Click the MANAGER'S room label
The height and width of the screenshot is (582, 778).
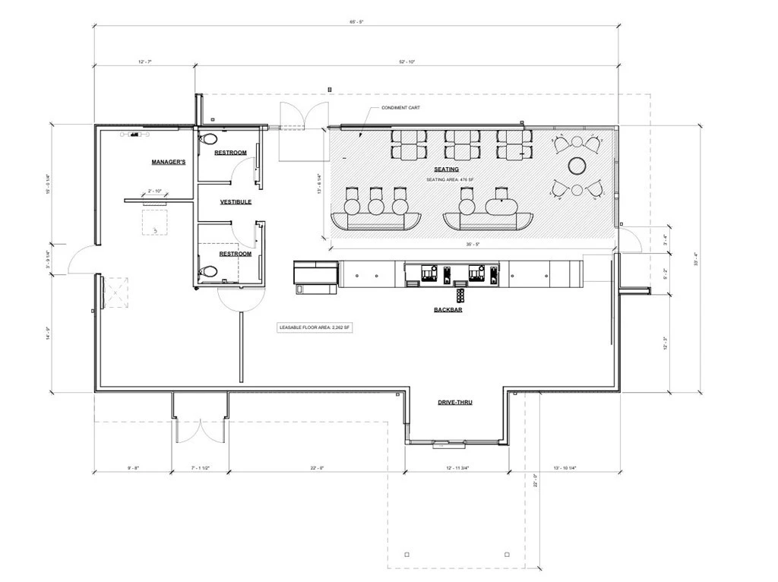[168, 163]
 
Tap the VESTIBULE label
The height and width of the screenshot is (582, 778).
[236, 202]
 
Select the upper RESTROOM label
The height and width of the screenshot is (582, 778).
[230, 153]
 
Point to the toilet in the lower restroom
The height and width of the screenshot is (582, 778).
[209, 270]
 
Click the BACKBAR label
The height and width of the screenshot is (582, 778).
[448, 310]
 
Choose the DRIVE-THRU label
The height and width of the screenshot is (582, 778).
[455, 402]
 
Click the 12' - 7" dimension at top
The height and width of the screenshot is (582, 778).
[144, 62]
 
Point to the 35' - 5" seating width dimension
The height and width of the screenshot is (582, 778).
[473, 245]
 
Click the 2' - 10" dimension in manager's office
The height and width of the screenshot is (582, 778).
[156, 191]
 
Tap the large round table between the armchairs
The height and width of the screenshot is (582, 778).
[578, 165]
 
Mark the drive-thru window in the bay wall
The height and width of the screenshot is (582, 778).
[440, 442]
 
